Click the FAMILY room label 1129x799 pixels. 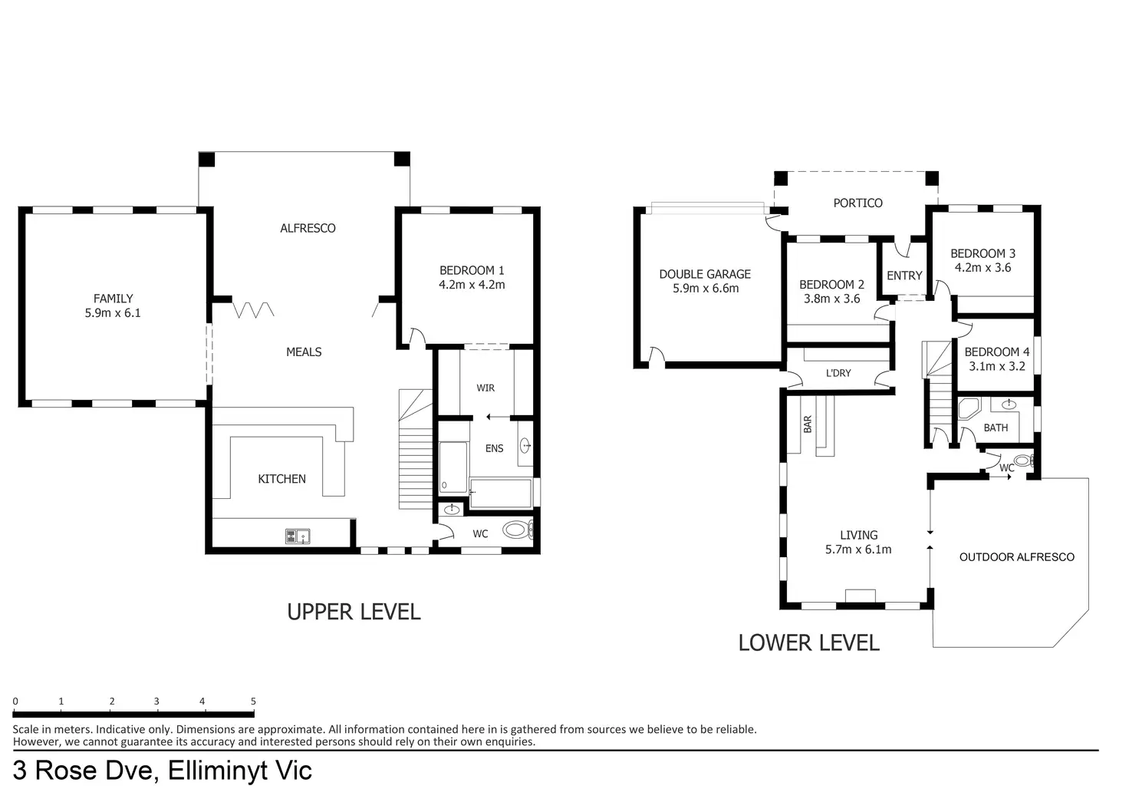113,298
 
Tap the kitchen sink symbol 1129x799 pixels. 298,536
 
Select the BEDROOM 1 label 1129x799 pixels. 472,270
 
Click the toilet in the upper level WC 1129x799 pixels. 517,530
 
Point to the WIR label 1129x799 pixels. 486,388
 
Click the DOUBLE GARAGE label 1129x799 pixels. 705,275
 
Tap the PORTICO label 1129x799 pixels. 857,203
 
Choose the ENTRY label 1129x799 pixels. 904,276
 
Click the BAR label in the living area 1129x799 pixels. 808,424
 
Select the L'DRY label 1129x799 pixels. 838,373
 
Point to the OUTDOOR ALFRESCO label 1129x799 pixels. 1016,557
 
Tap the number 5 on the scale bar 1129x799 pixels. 254,702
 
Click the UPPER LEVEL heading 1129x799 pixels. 354,612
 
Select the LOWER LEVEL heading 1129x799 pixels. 809,642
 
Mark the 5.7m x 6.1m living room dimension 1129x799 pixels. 858,550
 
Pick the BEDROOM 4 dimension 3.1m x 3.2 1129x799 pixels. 997,366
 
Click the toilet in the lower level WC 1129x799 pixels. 1024,461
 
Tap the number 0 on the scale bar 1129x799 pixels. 15,702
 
